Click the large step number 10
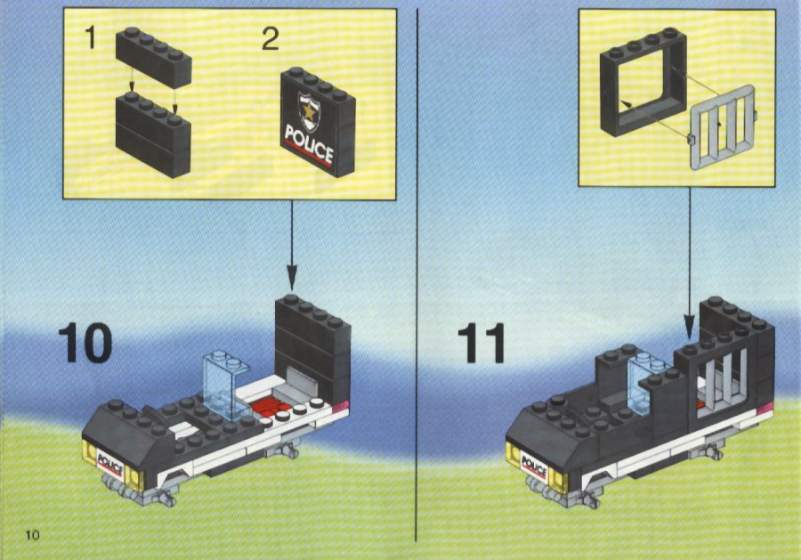point(85,343)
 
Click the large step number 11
point(481,343)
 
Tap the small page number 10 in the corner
point(32,535)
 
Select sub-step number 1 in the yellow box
point(91,37)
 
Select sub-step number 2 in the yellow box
point(271,39)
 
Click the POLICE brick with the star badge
point(318,122)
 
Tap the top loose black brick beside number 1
point(153,57)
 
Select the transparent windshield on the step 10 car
point(225,386)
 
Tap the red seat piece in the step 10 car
point(269,408)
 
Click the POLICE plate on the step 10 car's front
point(110,464)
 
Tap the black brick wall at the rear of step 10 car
point(312,347)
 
